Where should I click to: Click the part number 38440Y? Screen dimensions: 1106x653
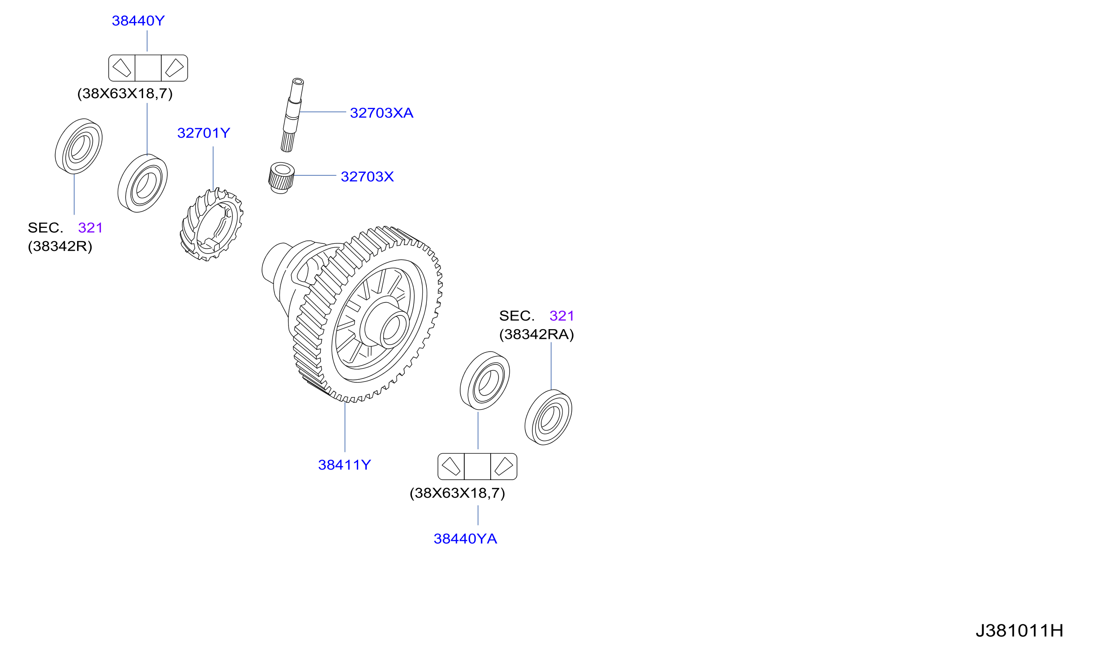point(138,21)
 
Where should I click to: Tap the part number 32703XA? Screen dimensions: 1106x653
point(381,113)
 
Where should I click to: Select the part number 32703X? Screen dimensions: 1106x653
point(367,177)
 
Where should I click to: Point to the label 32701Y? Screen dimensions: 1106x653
point(203,133)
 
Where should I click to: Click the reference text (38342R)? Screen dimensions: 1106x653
point(60,246)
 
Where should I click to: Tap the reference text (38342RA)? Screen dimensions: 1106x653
point(536,334)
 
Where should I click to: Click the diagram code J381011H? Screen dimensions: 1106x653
point(1019,631)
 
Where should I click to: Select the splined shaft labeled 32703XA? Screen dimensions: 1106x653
point(292,115)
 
